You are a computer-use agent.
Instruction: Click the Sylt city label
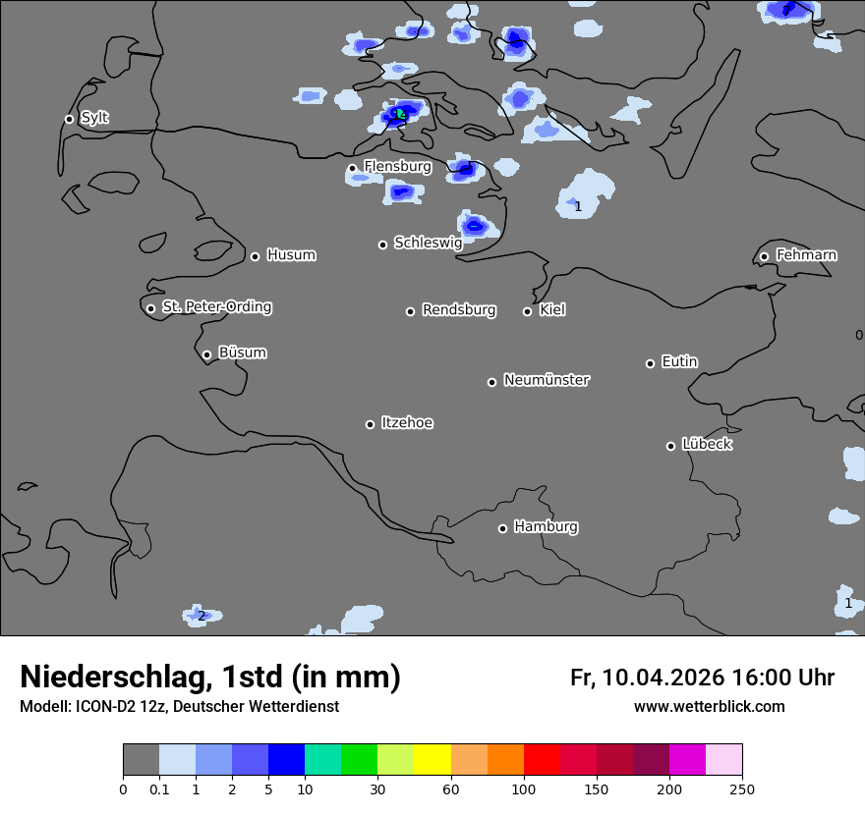point(94,118)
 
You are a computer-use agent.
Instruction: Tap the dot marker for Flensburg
point(352,168)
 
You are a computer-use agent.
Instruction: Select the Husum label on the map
point(291,255)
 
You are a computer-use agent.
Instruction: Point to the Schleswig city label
point(428,243)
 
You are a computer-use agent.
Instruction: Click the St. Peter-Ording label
point(216,306)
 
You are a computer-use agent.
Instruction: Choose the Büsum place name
point(242,353)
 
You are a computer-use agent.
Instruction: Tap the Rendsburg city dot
point(411,311)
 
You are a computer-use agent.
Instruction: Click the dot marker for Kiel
point(527,311)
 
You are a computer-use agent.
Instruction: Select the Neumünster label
point(547,380)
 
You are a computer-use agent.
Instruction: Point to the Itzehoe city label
point(407,423)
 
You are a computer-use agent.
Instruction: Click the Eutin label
point(679,361)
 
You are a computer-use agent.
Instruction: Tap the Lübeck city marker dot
point(670,446)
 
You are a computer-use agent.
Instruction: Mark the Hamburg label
point(546,526)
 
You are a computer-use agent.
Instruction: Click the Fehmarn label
point(806,255)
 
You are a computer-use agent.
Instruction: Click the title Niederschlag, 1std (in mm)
point(210,677)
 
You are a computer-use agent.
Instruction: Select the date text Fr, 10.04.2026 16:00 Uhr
point(702,678)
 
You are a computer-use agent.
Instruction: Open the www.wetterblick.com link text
point(709,706)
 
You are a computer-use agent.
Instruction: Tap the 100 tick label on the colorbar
point(524,788)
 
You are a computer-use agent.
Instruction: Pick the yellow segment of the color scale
point(432,760)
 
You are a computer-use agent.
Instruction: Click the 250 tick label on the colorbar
point(742,788)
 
